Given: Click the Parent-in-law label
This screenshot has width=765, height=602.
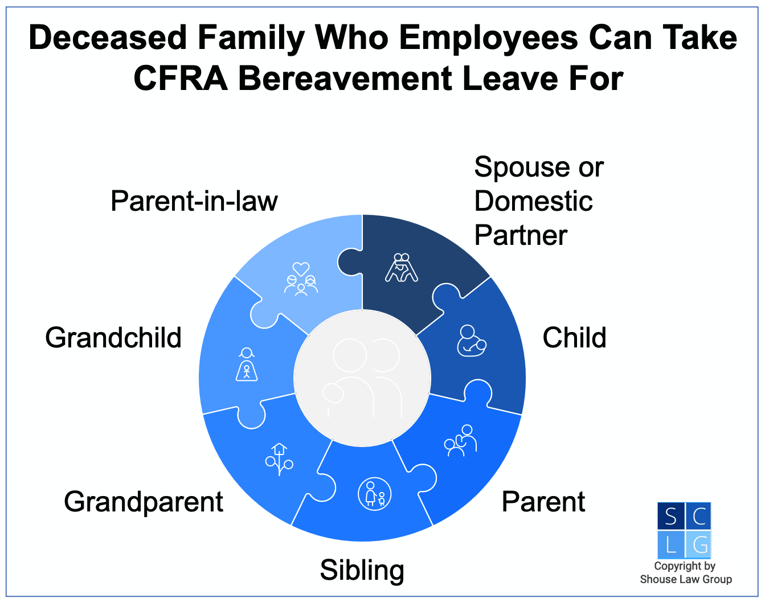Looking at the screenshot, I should click(194, 201).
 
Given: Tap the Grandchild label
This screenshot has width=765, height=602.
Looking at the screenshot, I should click(113, 338).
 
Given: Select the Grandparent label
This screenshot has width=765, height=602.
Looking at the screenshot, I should click(144, 502).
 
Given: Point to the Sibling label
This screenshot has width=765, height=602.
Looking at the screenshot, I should click(362, 570).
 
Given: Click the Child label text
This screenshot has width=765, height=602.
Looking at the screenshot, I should click(574, 338).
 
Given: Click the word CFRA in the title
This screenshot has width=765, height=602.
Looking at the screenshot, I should click(181, 79).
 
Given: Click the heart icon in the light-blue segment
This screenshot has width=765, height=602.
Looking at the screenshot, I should click(301, 268).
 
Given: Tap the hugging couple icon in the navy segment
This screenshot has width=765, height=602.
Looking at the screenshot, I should click(402, 267).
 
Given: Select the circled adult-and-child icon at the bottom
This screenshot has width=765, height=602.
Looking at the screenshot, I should click(374, 493).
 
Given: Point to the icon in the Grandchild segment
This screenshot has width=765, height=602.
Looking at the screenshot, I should click(247, 365).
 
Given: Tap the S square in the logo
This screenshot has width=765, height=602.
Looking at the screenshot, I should click(670, 516).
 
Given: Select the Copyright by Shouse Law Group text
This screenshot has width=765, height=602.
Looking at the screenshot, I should click(685, 572).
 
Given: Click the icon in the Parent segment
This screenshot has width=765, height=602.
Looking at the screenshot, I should click(461, 441).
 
